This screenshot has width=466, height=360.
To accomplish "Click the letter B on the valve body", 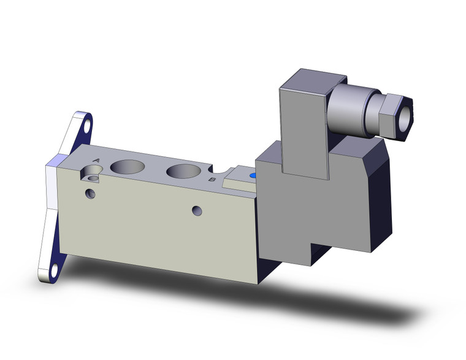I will tap(212, 180).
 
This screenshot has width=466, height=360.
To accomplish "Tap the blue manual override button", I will tap(253, 177).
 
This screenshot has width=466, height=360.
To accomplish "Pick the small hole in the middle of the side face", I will tap(196, 210).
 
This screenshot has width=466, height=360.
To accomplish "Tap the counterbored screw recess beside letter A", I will tap(93, 178).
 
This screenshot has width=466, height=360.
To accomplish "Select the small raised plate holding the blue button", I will tap(239, 182).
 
